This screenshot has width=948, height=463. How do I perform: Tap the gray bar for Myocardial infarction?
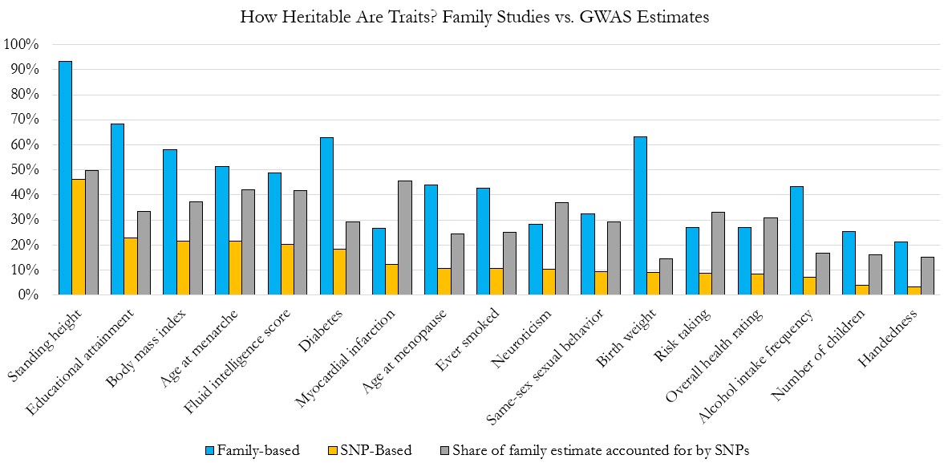(404, 238)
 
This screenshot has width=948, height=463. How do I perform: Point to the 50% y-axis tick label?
(24, 170)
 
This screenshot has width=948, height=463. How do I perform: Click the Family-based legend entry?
(253, 450)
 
